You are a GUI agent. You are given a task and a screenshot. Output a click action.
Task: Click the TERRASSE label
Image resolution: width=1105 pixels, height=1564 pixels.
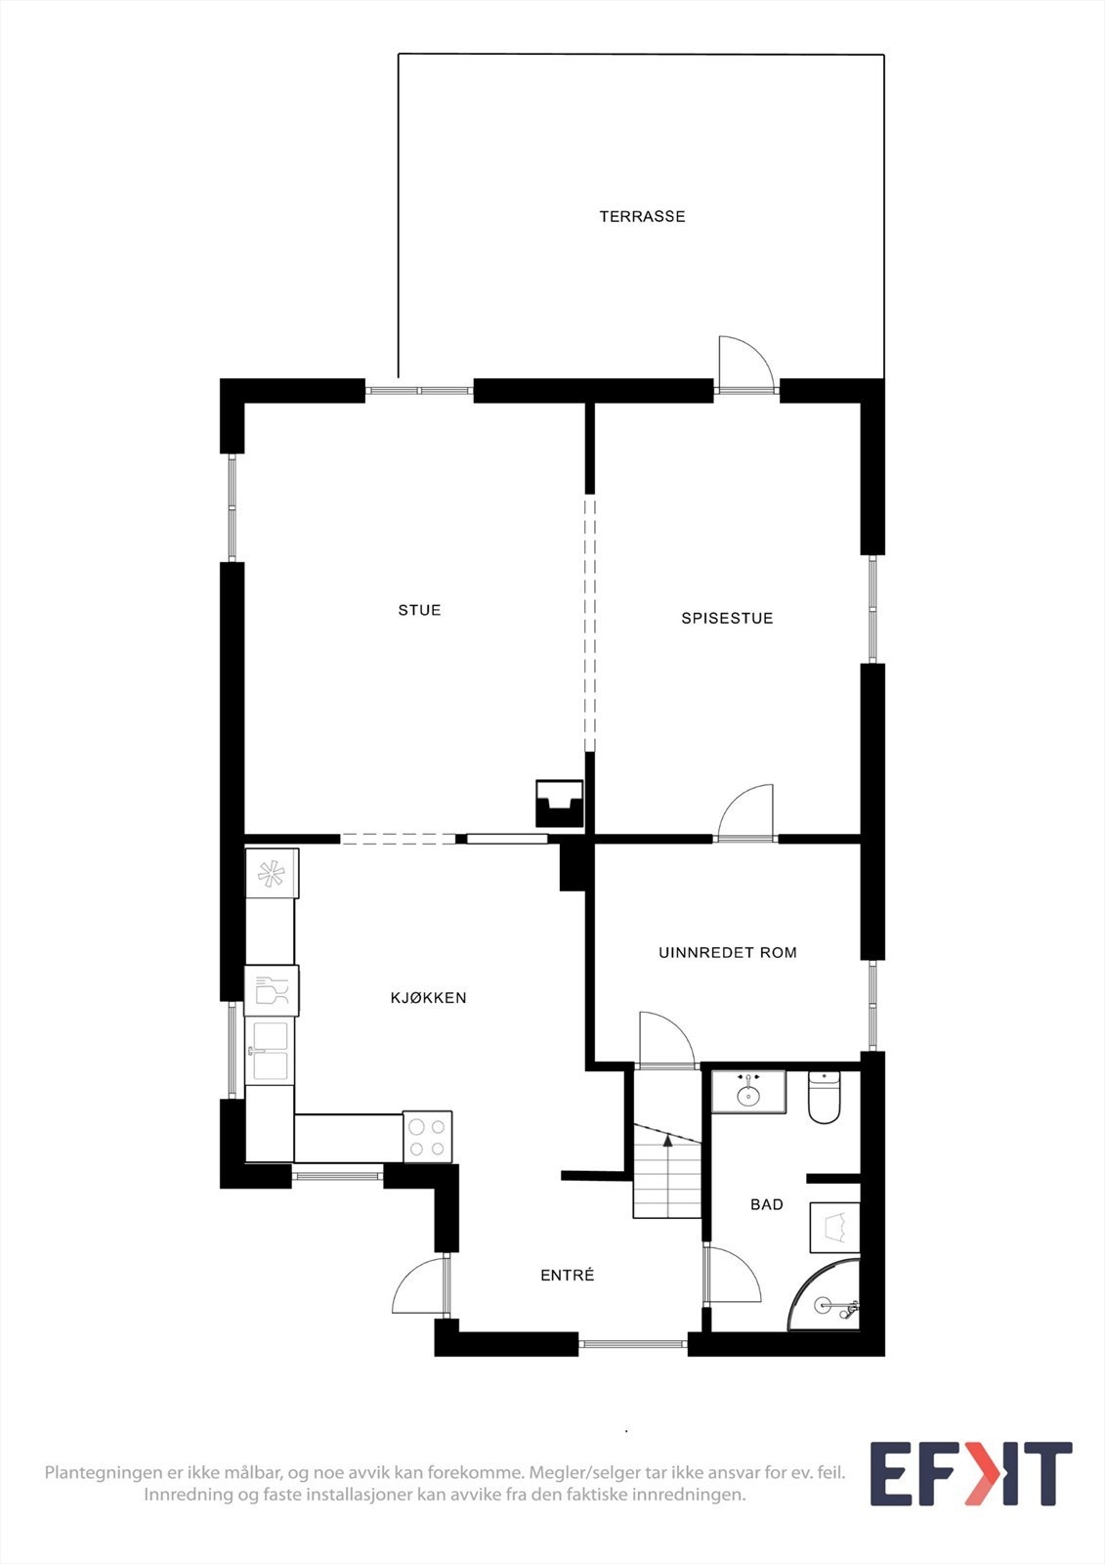(642, 216)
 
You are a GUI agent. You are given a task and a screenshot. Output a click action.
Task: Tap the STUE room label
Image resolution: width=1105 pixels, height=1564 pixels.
(419, 610)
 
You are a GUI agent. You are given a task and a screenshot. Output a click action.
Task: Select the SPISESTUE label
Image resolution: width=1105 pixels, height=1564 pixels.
(727, 618)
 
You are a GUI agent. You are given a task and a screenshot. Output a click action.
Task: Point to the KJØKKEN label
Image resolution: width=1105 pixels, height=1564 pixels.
(428, 998)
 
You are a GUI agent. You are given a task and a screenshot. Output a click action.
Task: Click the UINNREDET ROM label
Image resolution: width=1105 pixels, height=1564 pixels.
(727, 952)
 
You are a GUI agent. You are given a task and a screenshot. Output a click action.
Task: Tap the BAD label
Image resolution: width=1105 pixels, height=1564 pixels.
(766, 1204)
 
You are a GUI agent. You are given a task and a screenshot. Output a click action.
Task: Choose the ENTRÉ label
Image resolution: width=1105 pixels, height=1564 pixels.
(567, 1275)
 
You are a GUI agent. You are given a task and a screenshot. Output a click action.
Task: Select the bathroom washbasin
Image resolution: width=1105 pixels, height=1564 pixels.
(748, 1092)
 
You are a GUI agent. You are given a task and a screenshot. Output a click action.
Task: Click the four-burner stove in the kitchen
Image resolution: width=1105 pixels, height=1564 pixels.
(428, 1137)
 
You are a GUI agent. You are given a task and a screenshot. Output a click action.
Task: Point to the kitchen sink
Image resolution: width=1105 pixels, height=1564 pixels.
(269, 1051)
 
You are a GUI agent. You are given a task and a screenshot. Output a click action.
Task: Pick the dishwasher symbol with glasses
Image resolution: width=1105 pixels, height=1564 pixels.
(271, 990)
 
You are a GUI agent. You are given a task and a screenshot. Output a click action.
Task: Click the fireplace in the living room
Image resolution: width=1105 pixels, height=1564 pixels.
(560, 803)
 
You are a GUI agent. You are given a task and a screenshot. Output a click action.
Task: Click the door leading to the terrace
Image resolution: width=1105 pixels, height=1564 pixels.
(745, 367)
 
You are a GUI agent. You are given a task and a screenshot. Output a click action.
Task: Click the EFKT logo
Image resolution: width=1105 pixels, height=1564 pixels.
(970, 1474)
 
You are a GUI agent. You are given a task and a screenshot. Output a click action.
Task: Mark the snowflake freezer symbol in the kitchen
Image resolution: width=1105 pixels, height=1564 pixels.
(271, 873)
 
